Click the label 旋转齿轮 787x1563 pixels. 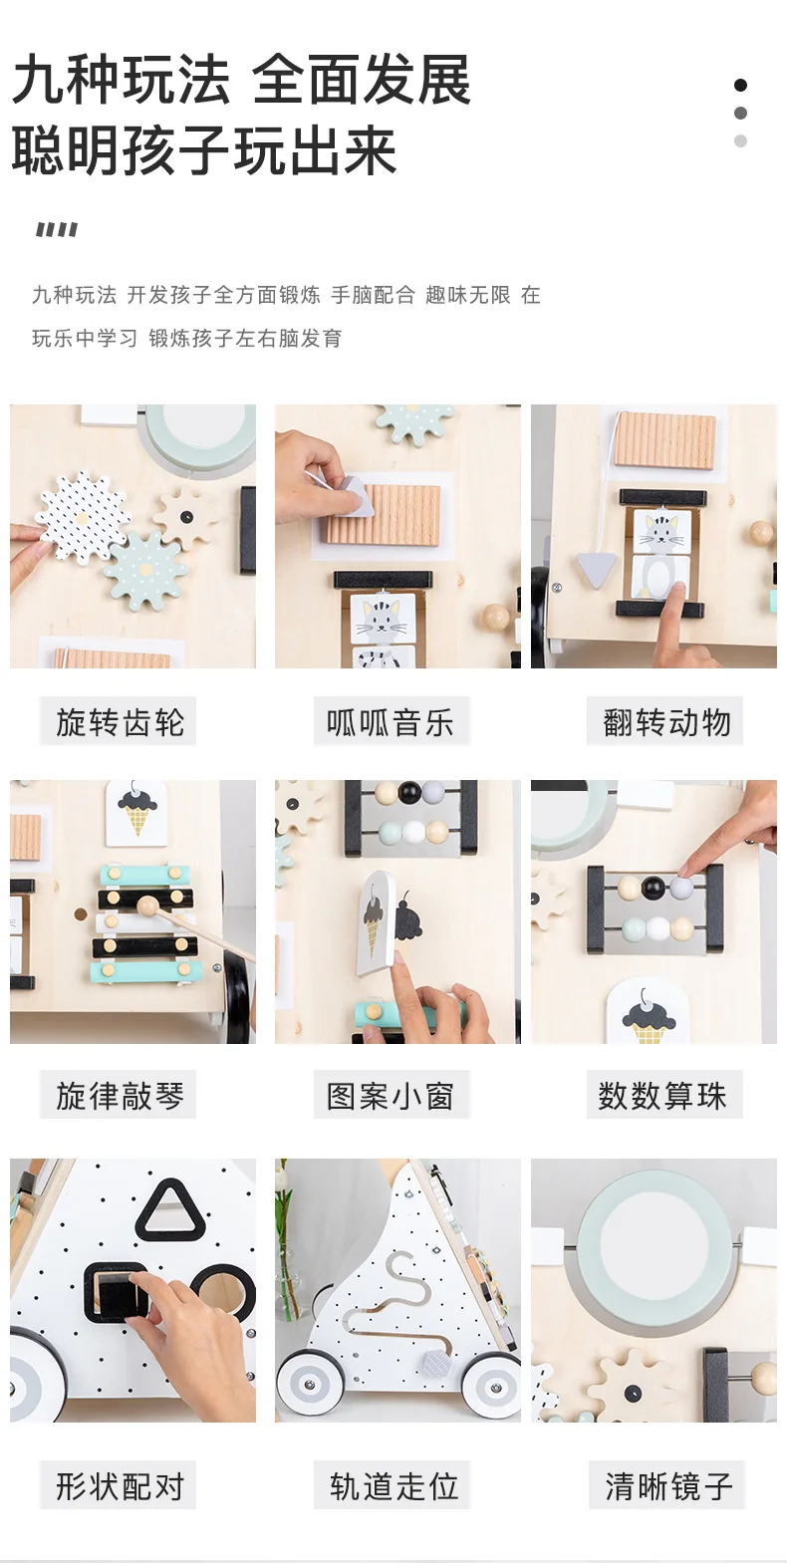point(120,722)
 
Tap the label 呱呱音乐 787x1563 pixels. point(391,722)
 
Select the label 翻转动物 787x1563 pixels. point(666,722)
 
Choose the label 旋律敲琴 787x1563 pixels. point(120,1096)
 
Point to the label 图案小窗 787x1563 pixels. point(391,1096)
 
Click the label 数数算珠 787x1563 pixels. point(662,1096)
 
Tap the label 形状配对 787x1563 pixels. point(120,1485)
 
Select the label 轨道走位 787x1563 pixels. point(393,1485)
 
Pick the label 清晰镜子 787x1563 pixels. point(668,1485)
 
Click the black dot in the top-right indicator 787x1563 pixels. point(740,85)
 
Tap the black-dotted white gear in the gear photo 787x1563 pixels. point(84,518)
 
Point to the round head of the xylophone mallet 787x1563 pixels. point(147,906)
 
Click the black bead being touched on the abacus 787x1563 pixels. point(653,887)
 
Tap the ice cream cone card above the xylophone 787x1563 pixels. point(136,813)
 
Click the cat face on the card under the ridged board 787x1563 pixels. point(382,616)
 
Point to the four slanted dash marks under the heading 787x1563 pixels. point(57,229)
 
